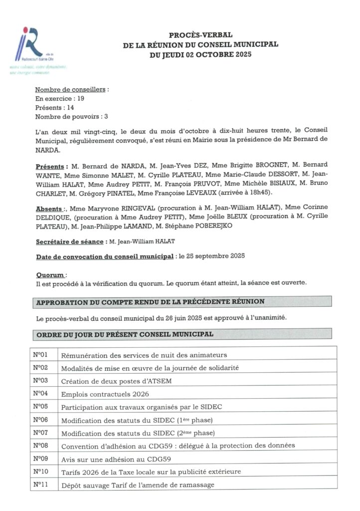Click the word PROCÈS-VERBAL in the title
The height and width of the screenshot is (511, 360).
tap(200, 35)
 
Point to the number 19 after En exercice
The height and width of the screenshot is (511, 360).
tap(80, 99)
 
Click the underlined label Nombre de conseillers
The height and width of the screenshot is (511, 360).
tap(71, 90)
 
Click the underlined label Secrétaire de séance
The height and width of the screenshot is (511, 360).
tap(69, 242)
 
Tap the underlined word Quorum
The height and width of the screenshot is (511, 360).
tap(50, 274)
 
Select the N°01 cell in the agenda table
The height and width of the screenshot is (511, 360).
tap(40, 355)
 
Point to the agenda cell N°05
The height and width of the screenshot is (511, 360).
tap(40, 406)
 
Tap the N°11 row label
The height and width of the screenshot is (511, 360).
tap(40, 484)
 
